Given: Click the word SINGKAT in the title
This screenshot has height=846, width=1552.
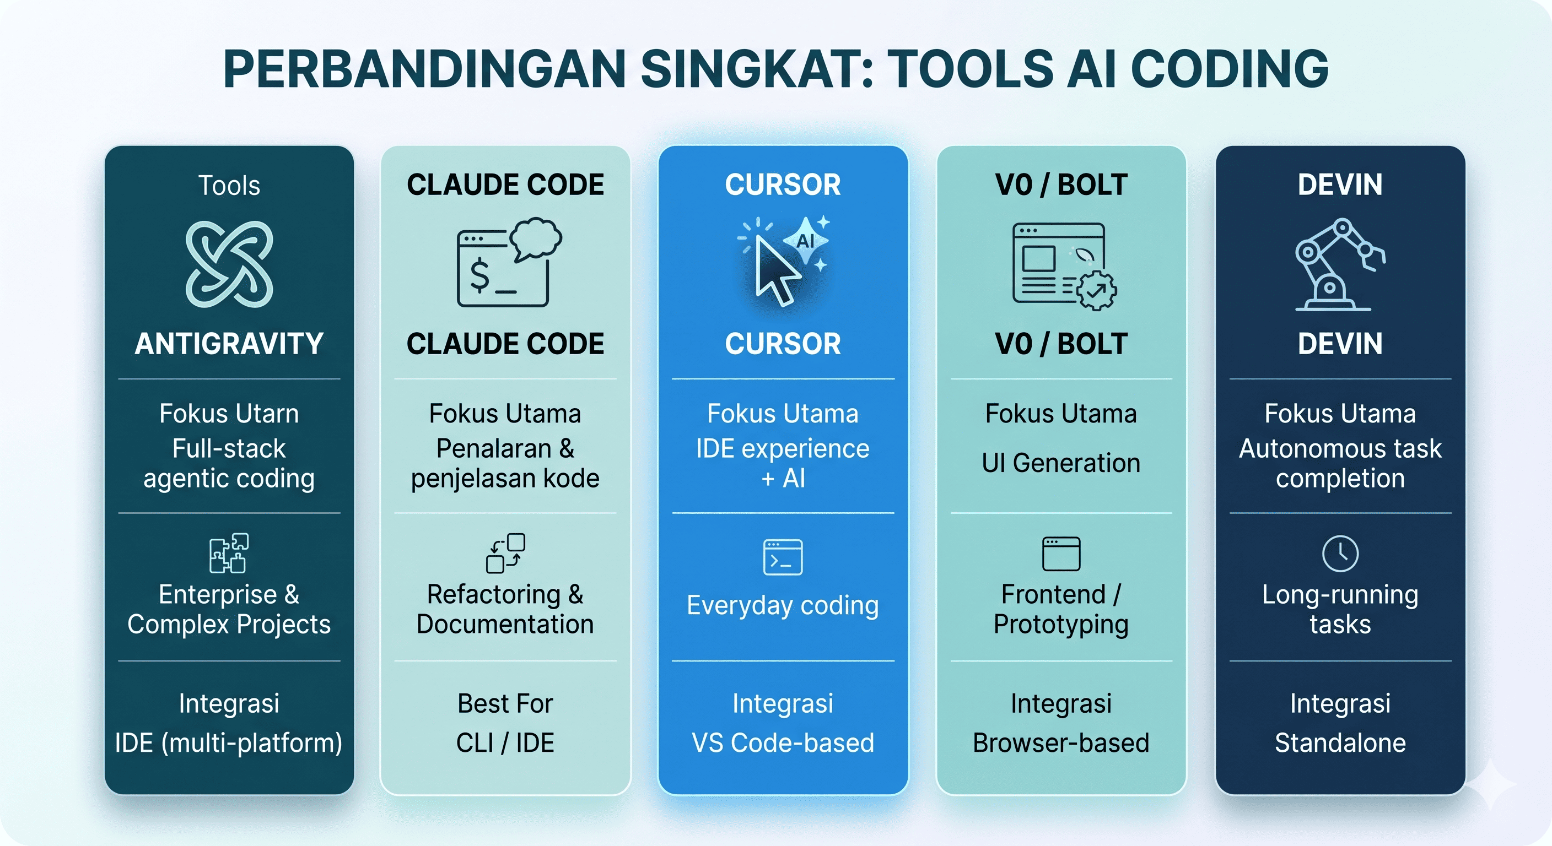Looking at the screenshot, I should (756, 69).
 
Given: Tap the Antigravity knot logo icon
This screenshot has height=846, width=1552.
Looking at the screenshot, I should (229, 264).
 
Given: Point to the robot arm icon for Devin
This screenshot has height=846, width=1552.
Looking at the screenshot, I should (1339, 265).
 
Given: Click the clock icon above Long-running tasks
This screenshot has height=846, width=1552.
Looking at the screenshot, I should (1340, 554).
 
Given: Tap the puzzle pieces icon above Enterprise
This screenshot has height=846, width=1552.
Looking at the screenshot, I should (229, 553).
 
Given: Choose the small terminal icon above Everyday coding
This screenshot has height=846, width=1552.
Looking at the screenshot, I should (783, 557).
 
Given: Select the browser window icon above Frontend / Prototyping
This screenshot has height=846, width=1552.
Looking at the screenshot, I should (1061, 554).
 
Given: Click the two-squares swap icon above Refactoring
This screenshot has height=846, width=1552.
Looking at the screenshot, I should (505, 553).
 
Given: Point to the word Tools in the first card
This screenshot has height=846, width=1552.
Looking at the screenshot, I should (229, 186).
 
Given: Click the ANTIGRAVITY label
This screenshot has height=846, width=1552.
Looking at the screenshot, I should (229, 344).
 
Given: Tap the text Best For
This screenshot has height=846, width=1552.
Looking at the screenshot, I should (505, 703).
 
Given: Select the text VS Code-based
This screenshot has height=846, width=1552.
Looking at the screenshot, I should (783, 742).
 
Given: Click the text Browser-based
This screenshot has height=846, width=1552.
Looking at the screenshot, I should (1061, 742).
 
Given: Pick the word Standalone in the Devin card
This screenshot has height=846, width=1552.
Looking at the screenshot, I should (1340, 742).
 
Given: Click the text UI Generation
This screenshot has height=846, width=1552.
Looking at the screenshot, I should (1061, 463).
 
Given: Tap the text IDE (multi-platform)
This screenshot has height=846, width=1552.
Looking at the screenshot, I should (229, 742).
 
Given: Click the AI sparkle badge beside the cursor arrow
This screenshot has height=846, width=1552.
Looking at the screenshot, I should (806, 241).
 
